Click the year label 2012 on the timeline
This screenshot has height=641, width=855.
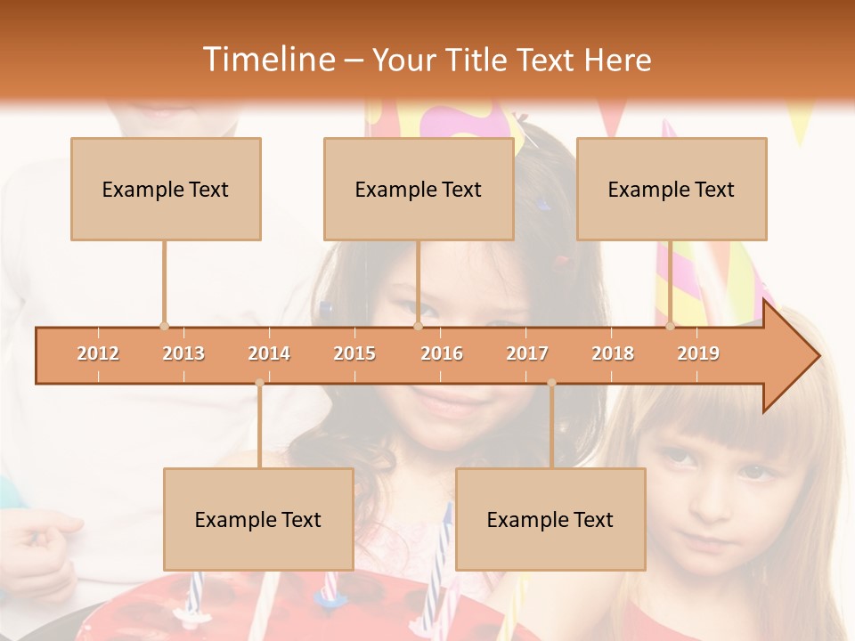pyautogui.click(x=98, y=353)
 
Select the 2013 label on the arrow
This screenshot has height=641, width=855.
pyautogui.click(x=183, y=353)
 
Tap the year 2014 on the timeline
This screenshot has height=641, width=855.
pyautogui.click(x=269, y=353)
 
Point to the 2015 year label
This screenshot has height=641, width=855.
pyautogui.click(x=354, y=353)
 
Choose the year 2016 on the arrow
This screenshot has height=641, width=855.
pyautogui.click(x=442, y=353)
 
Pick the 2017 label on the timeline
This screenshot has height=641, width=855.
pyautogui.click(x=527, y=353)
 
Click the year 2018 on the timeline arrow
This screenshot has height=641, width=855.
pyautogui.click(x=613, y=353)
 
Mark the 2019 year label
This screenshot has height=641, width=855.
pyautogui.click(x=698, y=353)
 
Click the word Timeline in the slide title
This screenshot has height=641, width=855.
pyautogui.click(x=267, y=60)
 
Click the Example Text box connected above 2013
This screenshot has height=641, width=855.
pyautogui.click(x=166, y=189)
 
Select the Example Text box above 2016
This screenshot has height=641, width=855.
pyautogui.click(x=419, y=189)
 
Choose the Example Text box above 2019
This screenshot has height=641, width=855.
pyautogui.click(x=672, y=189)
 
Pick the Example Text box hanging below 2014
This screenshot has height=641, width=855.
pyautogui.click(x=258, y=519)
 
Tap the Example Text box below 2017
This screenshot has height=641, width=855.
pyautogui.click(x=550, y=519)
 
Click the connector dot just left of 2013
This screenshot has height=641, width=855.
pyautogui.click(x=164, y=327)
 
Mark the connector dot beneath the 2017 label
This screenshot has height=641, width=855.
pyautogui.click(x=551, y=383)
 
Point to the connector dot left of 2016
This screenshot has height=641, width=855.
pyautogui.click(x=418, y=327)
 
